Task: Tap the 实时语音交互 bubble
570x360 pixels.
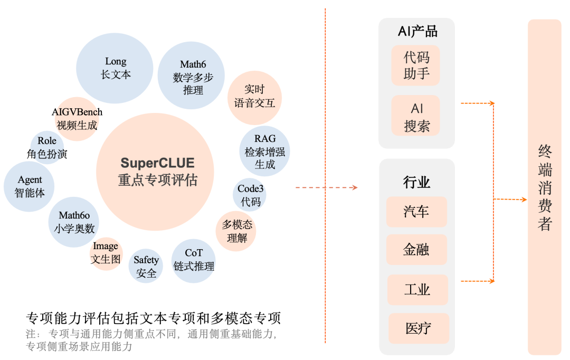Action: point(254,97)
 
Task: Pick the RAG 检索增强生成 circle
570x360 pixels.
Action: point(264,151)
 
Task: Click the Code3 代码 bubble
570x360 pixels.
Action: point(250,195)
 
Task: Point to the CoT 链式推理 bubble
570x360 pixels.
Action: point(194,260)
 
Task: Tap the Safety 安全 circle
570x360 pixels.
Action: point(146,266)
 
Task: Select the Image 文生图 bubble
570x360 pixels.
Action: point(106,253)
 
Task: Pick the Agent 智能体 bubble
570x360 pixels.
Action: point(30,186)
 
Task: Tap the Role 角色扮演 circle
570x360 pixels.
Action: point(47,148)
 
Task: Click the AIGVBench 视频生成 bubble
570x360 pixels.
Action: point(77,119)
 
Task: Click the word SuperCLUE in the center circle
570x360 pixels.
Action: point(157,163)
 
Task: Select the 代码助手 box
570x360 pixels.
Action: point(416,65)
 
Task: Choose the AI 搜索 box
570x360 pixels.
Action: point(416,117)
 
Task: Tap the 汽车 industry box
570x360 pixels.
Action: point(416,212)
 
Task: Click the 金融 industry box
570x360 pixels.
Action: point(416,250)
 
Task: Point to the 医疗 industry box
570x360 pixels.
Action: point(419,328)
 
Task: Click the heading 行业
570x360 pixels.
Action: point(416,183)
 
